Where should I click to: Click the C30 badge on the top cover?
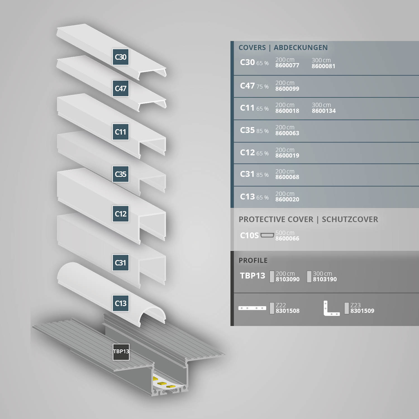pyautogui.click(x=120, y=57)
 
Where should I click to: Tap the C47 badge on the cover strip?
pyautogui.click(x=120, y=89)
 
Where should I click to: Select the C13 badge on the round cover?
pyautogui.click(x=120, y=303)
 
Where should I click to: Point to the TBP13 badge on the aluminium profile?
pyautogui.click(x=121, y=352)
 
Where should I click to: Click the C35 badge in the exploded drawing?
pyautogui.click(x=120, y=174)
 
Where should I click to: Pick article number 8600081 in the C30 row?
pyautogui.click(x=323, y=66)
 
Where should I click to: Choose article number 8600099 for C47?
pyautogui.click(x=287, y=89)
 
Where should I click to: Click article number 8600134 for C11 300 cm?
pyautogui.click(x=324, y=111)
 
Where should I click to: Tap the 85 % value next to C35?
pyautogui.click(x=262, y=131)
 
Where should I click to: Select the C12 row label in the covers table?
pyautogui.click(x=247, y=153)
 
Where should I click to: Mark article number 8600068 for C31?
pyautogui.click(x=287, y=177)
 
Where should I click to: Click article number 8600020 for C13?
pyautogui.click(x=287, y=199)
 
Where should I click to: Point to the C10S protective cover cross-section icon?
pyautogui.click(x=267, y=235)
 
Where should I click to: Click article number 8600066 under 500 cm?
pyautogui.click(x=287, y=239)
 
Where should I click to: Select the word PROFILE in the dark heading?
pyautogui.click(x=253, y=260)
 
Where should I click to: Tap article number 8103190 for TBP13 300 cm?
pyautogui.click(x=325, y=279)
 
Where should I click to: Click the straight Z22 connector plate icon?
pyautogui.click(x=252, y=308)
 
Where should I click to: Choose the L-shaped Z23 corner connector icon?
pyautogui.click(x=331, y=309)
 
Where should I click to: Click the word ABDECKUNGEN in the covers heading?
pyautogui.click(x=301, y=47)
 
